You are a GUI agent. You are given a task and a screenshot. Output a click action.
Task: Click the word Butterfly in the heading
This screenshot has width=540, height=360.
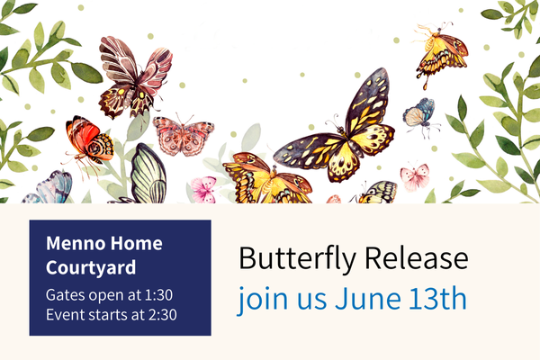[297, 258]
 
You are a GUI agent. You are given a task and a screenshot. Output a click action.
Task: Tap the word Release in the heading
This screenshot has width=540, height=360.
[417, 257]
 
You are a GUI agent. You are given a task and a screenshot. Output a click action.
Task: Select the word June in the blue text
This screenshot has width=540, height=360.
[368, 298]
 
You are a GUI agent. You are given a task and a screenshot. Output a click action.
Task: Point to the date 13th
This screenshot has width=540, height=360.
[437, 298]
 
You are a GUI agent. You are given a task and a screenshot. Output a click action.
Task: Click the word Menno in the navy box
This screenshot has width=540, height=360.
[76, 243]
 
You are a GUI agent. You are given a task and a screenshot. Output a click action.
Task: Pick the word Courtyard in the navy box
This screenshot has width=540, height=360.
[91, 268]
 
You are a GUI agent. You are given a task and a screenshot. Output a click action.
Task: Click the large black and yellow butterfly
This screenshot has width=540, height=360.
[337, 130]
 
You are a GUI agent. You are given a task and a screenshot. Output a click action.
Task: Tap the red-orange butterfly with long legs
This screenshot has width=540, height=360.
[88, 142]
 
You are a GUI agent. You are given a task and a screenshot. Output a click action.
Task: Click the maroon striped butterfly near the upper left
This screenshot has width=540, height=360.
[135, 78]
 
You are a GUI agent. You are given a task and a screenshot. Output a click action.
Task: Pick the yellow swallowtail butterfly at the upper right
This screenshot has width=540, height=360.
[441, 55]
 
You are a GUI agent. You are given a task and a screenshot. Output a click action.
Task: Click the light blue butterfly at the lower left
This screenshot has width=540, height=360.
[49, 188]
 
